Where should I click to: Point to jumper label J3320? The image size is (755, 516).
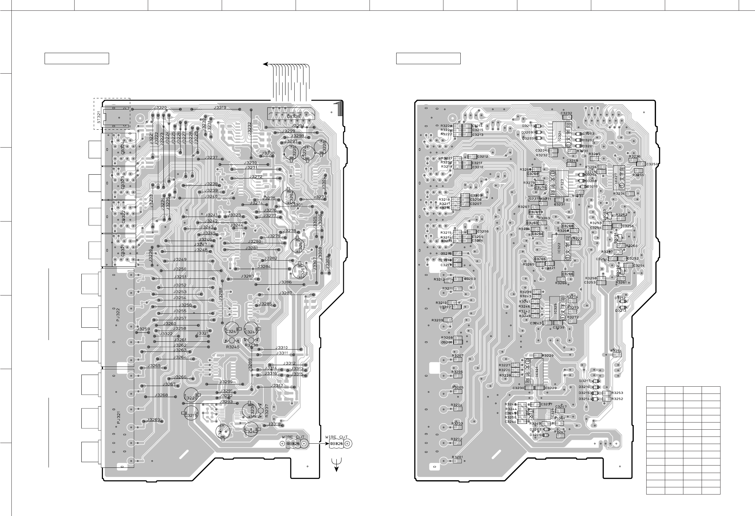(160, 107)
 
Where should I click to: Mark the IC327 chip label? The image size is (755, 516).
(615, 178)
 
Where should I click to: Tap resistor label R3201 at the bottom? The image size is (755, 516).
(457, 457)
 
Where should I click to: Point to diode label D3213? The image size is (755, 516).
(621, 311)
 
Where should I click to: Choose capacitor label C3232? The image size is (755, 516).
(566, 113)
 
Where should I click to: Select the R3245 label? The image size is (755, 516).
(233, 347)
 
